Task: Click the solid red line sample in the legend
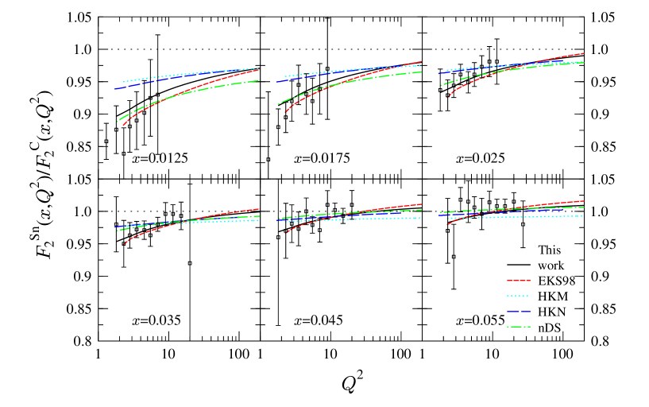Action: point(519,281)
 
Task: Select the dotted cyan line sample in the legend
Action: point(519,296)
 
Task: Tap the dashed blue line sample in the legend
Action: point(519,312)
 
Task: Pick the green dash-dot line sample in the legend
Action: point(519,327)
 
